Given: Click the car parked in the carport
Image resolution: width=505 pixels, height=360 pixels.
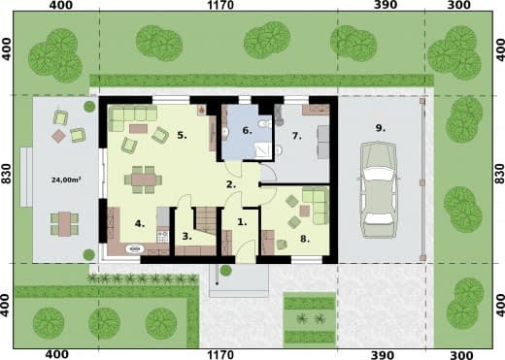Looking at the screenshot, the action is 379,190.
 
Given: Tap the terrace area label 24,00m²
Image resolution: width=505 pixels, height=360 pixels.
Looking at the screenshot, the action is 66,180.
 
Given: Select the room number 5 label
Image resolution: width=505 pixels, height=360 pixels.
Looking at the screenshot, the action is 182,135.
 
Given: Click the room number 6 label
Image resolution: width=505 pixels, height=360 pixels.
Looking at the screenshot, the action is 247,131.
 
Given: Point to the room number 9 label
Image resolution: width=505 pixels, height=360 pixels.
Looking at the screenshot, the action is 381,128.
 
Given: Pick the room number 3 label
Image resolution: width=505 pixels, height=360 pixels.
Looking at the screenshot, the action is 186,236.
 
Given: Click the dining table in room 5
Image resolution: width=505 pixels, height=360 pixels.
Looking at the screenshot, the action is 144,180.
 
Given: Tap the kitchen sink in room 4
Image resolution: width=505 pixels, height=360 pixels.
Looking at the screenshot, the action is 135,248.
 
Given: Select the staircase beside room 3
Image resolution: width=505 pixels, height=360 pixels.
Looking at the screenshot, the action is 205,221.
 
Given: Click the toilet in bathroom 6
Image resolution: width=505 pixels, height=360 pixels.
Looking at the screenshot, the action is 266,123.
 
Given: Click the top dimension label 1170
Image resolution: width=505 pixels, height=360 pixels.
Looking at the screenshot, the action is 220,5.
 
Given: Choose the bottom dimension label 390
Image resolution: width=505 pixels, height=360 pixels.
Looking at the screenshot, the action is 384,355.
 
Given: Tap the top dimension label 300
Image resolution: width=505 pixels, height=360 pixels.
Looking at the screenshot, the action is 460,5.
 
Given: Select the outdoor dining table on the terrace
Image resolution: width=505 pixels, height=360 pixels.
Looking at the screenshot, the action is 65,224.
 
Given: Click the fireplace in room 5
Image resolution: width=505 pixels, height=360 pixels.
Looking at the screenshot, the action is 202,111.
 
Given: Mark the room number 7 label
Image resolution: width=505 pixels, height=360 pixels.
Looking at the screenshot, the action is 296,136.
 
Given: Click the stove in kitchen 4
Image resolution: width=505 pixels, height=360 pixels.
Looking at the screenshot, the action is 162,237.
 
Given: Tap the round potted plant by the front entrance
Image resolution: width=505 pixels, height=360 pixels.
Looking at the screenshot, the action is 225,271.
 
